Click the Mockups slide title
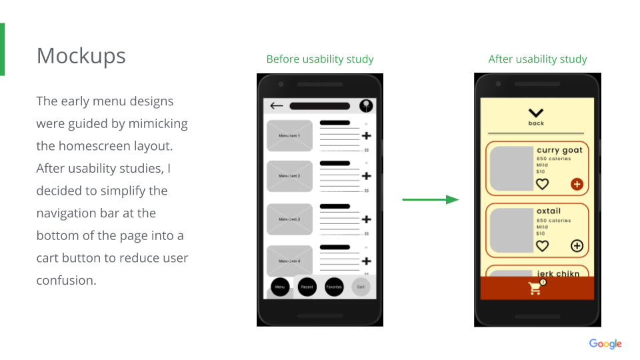click(x=81, y=56)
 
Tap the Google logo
click(x=605, y=344)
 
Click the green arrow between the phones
click(x=431, y=199)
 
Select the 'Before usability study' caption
click(x=320, y=59)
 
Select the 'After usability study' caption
click(x=537, y=59)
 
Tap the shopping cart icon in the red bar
click(x=535, y=288)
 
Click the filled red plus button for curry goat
click(x=577, y=184)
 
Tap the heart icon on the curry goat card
click(x=543, y=184)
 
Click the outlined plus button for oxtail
click(x=577, y=246)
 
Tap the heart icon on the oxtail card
click(x=543, y=246)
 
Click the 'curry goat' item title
click(x=559, y=150)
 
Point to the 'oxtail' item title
click(x=549, y=211)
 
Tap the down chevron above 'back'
click(x=536, y=113)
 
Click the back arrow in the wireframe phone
click(x=277, y=106)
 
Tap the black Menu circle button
click(x=280, y=287)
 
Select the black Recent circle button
click(x=307, y=287)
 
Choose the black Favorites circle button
click(x=334, y=287)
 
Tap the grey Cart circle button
click(x=361, y=287)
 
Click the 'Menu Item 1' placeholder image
click(x=289, y=135)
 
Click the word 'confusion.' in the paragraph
click(x=67, y=280)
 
